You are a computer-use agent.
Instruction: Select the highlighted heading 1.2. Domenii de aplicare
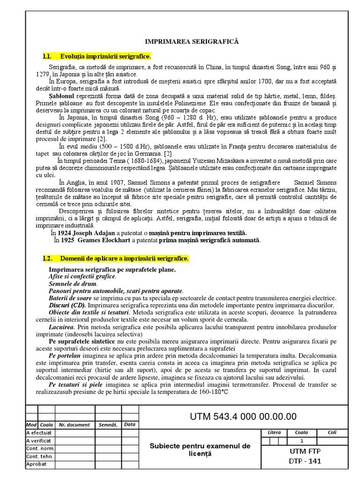(x=115, y=258)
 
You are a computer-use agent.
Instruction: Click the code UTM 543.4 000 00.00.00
(x=243, y=416)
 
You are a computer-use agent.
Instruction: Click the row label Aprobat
(x=37, y=464)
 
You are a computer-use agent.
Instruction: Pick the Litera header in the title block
(x=274, y=432)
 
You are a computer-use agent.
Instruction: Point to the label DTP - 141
(x=305, y=461)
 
